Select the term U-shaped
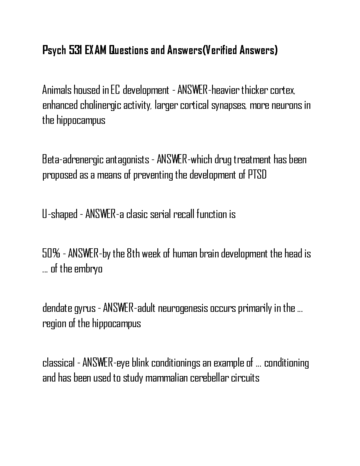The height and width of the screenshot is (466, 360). [x=60, y=214]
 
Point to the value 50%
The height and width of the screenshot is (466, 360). [x=51, y=253]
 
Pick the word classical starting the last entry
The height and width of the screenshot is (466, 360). [x=58, y=363]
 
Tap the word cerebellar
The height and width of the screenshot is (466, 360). [x=209, y=378]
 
